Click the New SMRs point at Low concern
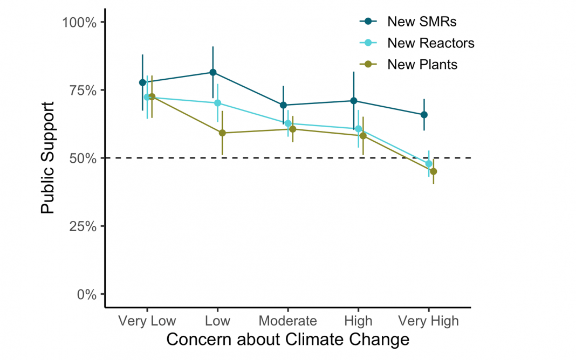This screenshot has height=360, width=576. pyautogui.click(x=213, y=72)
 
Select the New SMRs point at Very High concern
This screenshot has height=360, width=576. pyautogui.click(x=424, y=115)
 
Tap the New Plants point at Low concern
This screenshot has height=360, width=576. pyautogui.click(x=222, y=133)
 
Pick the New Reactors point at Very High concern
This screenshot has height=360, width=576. pyautogui.click(x=429, y=164)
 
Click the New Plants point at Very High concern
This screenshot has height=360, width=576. pyautogui.click(x=433, y=171)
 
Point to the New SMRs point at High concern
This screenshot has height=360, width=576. pyautogui.click(x=354, y=101)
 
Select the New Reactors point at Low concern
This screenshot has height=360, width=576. pyautogui.click(x=217, y=103)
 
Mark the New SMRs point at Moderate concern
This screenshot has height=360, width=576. pyautogui.click(x=283, y=105)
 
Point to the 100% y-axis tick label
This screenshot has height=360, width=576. pyautogui.click(x=80, y=23)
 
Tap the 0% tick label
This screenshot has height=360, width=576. pyautogui.click(x=86, y=294)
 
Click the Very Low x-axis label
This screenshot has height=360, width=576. pyautogui.click(x=147, y=321)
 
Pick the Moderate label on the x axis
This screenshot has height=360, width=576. pyautogui.click(x=287, y=321)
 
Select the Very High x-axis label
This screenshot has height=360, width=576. pyautogui.click(x=428, y=321)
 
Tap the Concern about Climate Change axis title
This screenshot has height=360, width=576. pyautogui.click(x=287, y=340)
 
